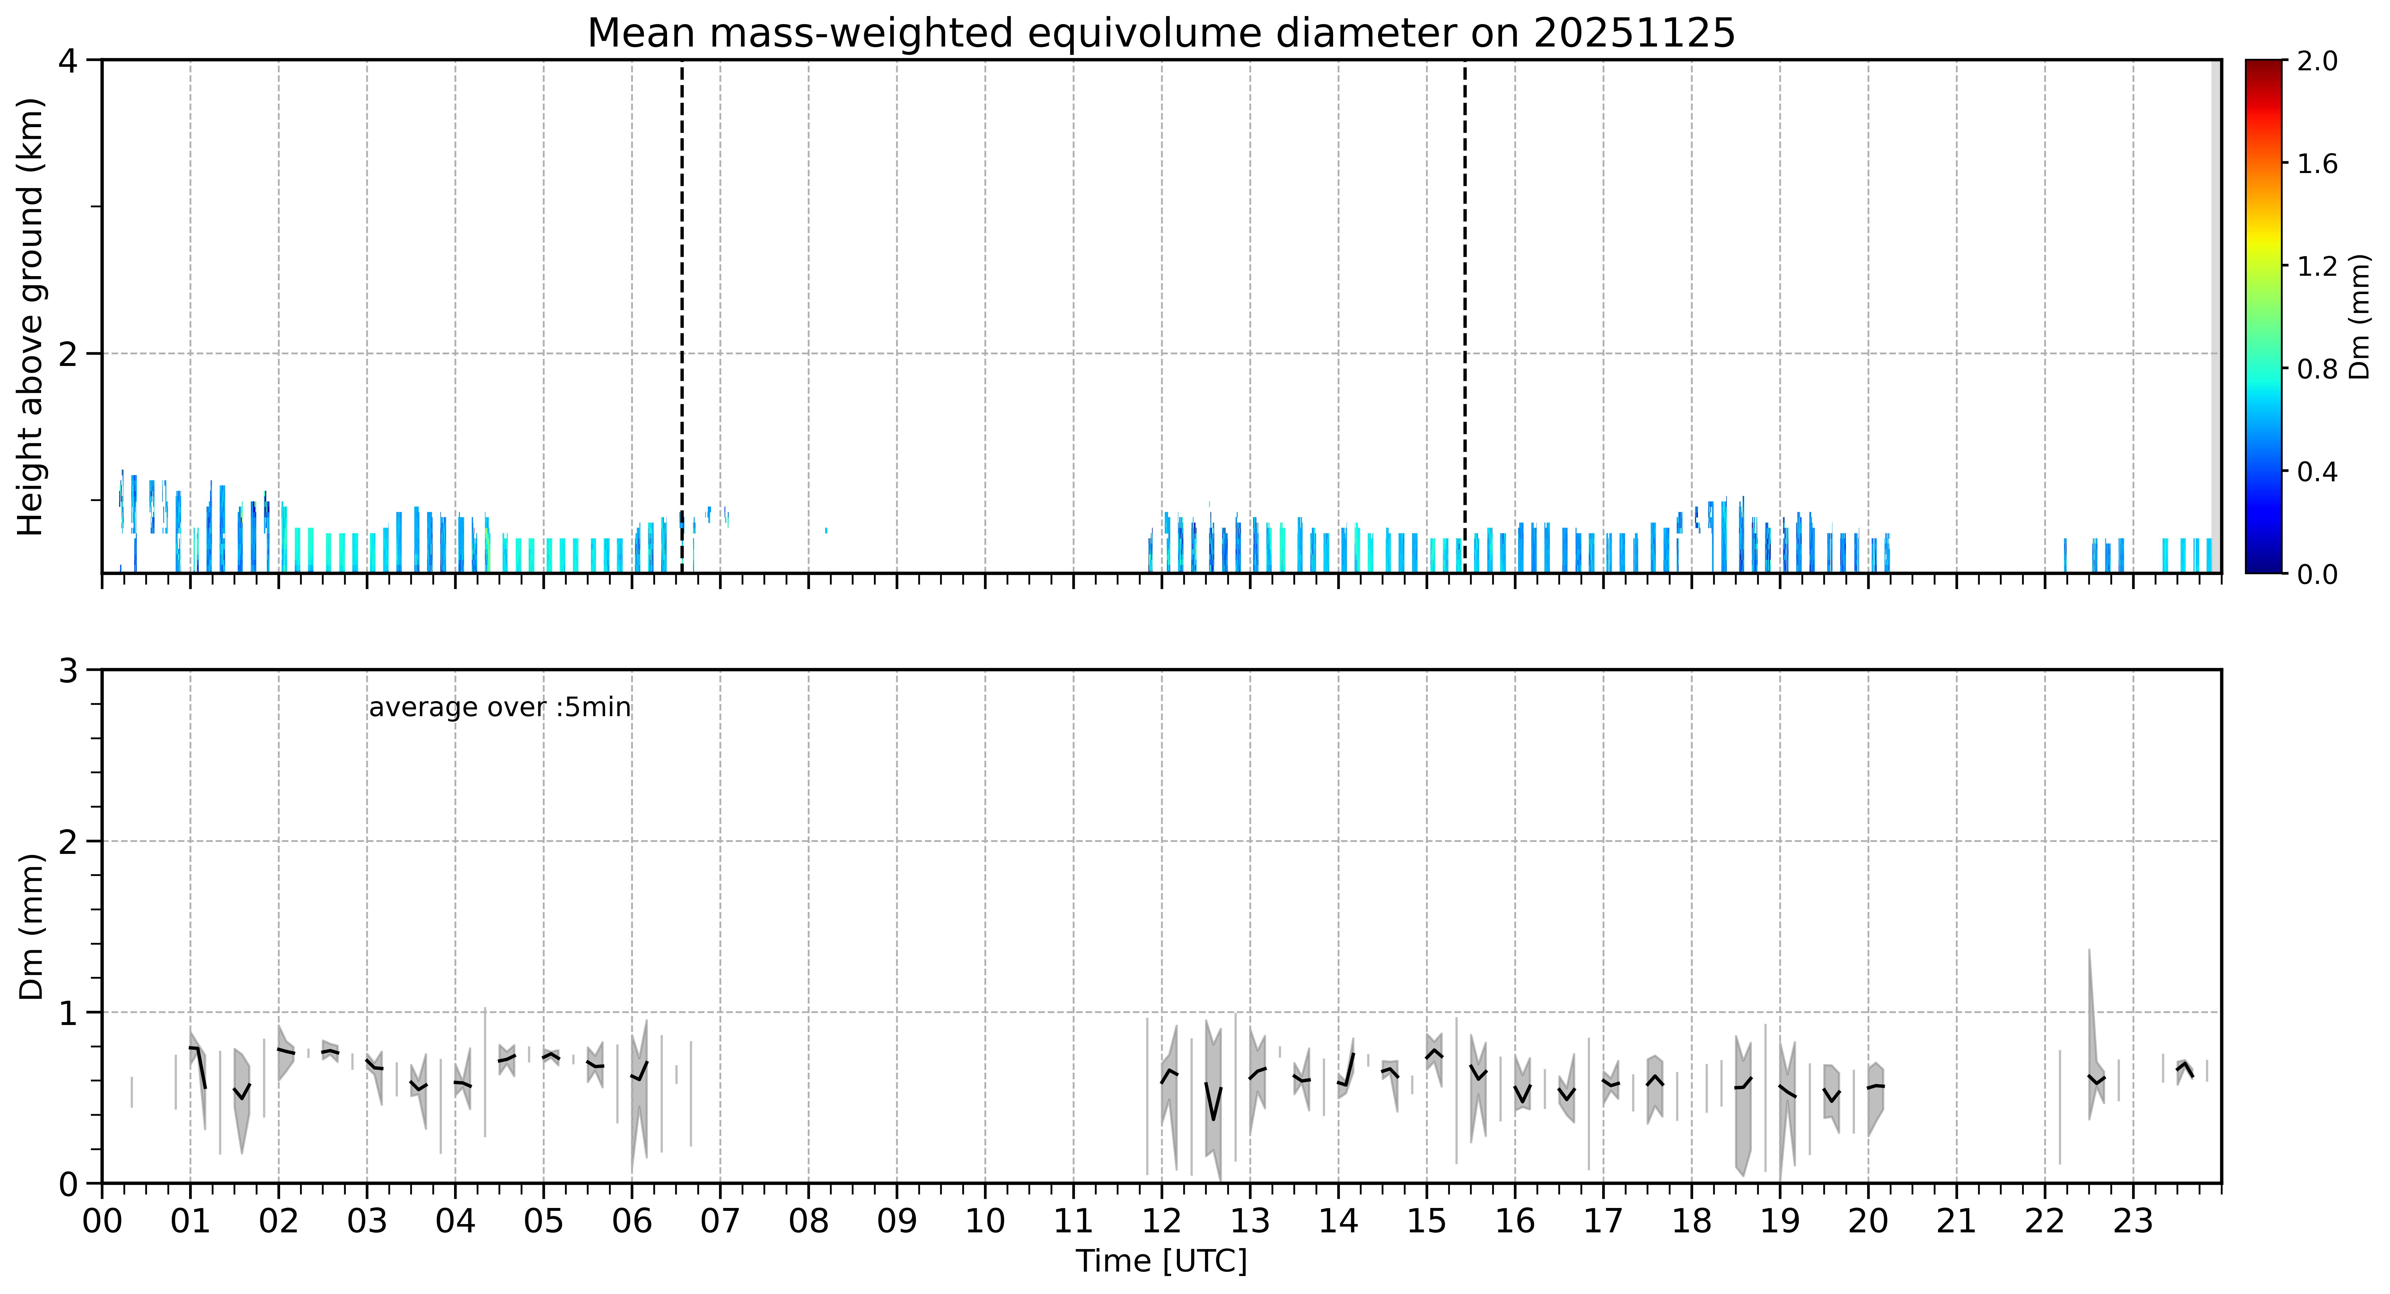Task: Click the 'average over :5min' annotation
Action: coord(499,708)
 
